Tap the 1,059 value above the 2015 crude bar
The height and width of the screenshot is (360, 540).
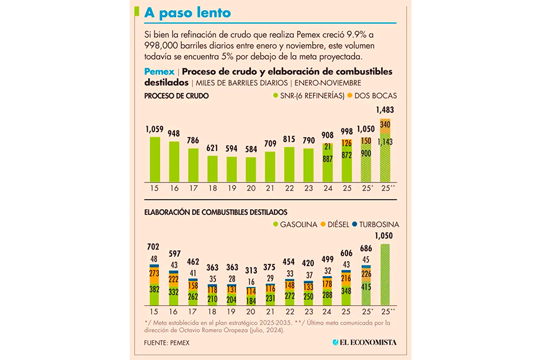tap(155, 130)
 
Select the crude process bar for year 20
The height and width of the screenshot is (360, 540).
tap(251, 168)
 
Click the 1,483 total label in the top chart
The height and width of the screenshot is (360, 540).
tap(385, 110)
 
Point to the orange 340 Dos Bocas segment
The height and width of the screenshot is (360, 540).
tap(385, 125)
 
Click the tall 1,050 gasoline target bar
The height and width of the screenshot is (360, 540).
tap(385, 274)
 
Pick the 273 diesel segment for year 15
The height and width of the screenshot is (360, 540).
tap(155, 273)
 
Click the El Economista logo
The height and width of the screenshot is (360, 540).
tap(364, 343)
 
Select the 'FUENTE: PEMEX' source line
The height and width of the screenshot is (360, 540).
tap(168, 343)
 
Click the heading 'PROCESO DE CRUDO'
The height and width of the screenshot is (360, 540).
tap(176, 96)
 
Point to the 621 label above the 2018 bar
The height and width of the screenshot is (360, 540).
tap(212, 148)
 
